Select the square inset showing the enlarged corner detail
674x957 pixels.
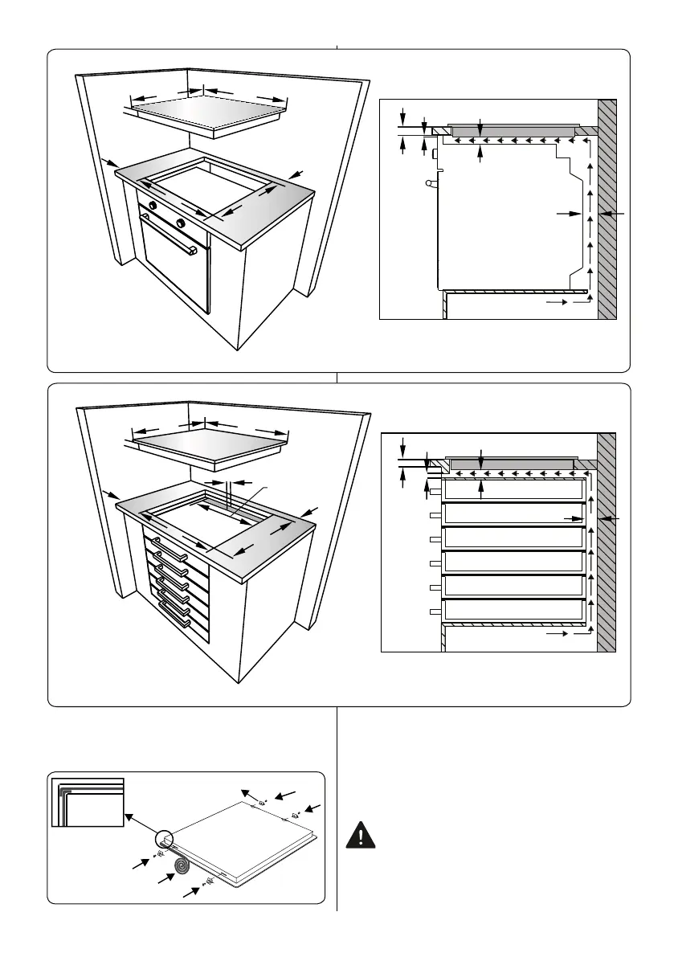click(x=88, y=801)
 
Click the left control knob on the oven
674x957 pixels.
click(x=151, y=206)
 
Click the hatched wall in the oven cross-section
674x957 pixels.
click(x=607, y=209)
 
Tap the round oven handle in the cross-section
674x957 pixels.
click(x=432, y=184)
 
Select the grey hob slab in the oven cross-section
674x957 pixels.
click(x=512, y=128)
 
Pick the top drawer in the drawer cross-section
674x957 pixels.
click(x=513, y=491)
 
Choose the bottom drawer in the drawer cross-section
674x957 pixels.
click(x=513, y=611)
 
